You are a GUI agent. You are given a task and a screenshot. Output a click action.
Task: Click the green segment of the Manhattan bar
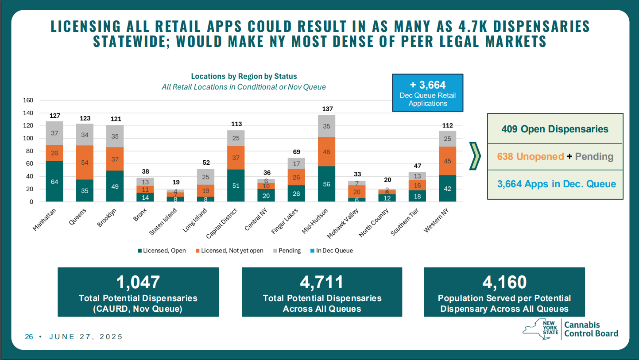click(x=54, y=182)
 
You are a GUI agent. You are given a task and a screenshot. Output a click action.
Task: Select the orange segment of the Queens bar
click(x=85, y=163)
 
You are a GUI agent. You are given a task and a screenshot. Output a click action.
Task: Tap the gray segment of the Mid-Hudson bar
click(x=326, y=126)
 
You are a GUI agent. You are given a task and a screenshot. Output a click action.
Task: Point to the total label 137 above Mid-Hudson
click(x=327, y=108)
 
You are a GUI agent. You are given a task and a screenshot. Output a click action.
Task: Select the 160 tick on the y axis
click(x=28, y=101)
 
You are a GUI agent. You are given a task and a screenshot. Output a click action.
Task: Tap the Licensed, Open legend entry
click(x=161, y=251)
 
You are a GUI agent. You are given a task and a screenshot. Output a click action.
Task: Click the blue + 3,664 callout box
click(x=427, y=93)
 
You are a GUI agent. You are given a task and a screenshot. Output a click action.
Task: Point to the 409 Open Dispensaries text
click(x=555, y=129)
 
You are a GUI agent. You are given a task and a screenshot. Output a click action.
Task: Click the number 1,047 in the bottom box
click(x=138, y=282)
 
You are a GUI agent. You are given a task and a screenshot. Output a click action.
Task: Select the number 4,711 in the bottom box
click(x=322, y=282)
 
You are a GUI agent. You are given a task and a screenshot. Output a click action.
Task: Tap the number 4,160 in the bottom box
click(x=504, y=282)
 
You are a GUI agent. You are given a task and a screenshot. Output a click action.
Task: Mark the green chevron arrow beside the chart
click(x=475, y=156)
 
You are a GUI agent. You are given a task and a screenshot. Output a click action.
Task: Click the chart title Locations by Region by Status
click(x=244, y=76)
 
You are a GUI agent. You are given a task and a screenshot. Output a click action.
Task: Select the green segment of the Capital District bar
click(x=236, y=186)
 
